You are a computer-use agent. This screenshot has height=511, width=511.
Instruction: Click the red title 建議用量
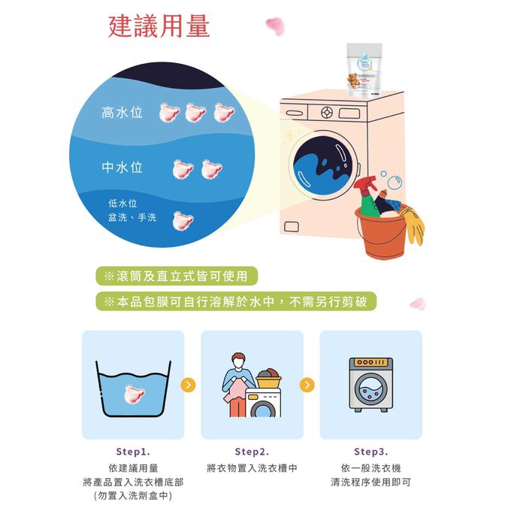(159, 26)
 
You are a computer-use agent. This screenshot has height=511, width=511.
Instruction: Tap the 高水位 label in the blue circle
(122, 113)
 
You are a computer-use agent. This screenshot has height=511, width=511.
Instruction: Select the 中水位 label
(122, 168)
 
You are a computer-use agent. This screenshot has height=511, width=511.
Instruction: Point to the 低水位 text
(122, 204)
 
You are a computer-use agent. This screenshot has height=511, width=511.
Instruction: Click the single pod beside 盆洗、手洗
(183, 221)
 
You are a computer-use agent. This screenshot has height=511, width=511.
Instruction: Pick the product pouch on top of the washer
(364, 70)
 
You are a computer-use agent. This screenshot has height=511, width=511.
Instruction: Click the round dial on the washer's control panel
(327, 113)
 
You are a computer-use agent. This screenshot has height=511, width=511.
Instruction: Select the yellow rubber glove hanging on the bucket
(413, 225)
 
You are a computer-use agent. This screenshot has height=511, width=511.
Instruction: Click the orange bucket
(381, 233)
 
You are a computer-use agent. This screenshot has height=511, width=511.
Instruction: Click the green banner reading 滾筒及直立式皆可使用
(177, 276)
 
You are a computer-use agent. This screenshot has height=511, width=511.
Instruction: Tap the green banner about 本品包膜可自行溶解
(236, 301)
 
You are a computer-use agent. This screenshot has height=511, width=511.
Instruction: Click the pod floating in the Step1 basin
(134, 394)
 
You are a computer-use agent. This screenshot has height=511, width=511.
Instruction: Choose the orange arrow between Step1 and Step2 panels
(188, 385)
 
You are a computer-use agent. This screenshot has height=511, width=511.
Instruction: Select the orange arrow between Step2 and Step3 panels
(307, 385)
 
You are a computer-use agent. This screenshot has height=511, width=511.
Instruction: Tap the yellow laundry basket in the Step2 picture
(268, 381)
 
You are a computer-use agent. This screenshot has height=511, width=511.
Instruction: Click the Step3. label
(371, 452)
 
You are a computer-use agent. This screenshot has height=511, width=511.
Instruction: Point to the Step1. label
(133, 452)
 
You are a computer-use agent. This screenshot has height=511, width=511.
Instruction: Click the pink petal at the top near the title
(275, 26)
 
